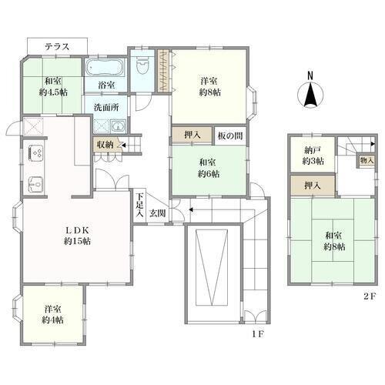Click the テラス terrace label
tap(57, 47)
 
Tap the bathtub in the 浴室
tap(105, 67)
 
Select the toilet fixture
tap(142, 65)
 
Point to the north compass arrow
tap(310, 95)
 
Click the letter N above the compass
tap(310, 75)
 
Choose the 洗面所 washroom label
tap(106, 107)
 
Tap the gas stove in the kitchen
tap(35, 153)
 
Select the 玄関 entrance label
tap(158, 213)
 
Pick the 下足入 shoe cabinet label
tap(139, 205)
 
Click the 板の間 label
tap(230, 136)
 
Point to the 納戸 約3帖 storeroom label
tap(313, 156)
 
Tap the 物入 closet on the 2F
tap(367, 161)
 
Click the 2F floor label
tap(370, 296)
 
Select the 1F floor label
tap(258, 334)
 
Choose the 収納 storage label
tap(105, 145)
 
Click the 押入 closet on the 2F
tap(313, 186)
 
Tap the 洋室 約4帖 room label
tap(53, 314)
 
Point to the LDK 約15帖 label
tap(77, 236)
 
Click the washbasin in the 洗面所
tap(118, 126)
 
